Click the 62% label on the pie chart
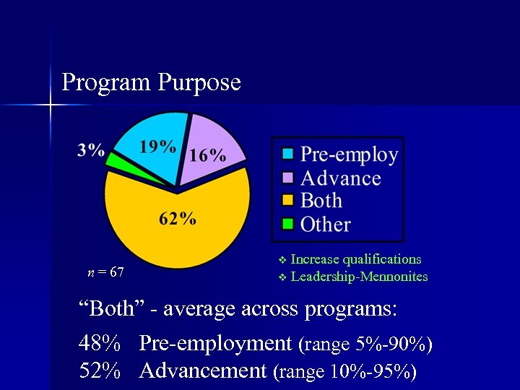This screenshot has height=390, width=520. tap(178, 219)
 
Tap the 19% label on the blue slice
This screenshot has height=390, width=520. tap(157, 147)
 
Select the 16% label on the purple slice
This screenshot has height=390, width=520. tap(207, 155)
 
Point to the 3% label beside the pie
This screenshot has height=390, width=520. tap(91, 150)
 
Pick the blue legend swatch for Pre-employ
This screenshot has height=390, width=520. tap(287, 154)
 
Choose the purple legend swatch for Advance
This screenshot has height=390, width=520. tap(287, 177)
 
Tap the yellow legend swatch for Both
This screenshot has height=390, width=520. tap(287, 200)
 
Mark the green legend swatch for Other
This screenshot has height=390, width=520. tap(287, 224)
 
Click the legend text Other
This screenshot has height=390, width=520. tap(325, 224)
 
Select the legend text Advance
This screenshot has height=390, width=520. tap(340, 178)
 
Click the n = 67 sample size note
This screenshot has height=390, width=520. tap(105, 272)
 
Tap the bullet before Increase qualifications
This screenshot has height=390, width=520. tap(282, 260)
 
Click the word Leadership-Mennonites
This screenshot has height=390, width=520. tap(359, 277)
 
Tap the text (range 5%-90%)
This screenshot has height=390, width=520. tap(365, 345)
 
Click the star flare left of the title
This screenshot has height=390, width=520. tap(50, 106)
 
